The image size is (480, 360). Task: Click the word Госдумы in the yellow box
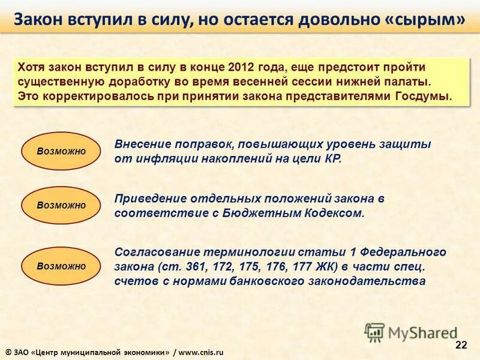426,96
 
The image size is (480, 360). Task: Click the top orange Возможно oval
61,151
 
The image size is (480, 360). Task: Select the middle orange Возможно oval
61,205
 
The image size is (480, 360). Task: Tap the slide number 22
461,344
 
